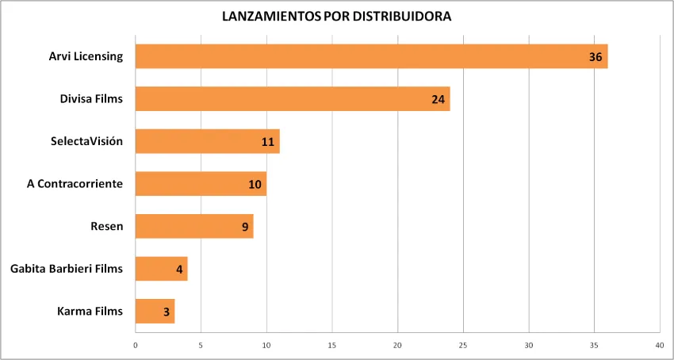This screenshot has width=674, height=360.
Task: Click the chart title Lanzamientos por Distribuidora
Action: pos(336,16)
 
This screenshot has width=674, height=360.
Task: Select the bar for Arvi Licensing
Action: pos(371,56)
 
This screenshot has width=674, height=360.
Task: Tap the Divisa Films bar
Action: pos(293,99)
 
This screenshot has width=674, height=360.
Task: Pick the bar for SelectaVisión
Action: pos(207,141)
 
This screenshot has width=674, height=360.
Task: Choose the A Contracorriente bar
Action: pos(201,184)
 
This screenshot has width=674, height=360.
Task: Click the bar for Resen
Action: pos(194,226)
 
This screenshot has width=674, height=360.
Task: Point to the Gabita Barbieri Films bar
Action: pos(161,269)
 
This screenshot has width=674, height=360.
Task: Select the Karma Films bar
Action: pos(155,311)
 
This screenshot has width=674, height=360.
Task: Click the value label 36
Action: pos(596,57)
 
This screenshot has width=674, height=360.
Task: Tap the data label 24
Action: pos(438,100)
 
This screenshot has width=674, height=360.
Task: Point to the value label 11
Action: pos(268,142)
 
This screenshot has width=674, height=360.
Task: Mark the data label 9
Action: pos(245,227)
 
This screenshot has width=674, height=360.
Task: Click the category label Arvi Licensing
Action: pos(86,56)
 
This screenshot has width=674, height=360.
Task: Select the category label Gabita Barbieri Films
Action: pos(67,269)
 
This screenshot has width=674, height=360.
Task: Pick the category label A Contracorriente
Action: pos(75,184)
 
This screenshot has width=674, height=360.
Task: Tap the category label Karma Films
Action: pos(90,311)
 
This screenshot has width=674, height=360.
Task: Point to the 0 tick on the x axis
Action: pos(136,345)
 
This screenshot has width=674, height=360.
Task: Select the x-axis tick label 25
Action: pos(463,345)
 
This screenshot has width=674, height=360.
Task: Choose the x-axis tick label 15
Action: pos(332,345)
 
